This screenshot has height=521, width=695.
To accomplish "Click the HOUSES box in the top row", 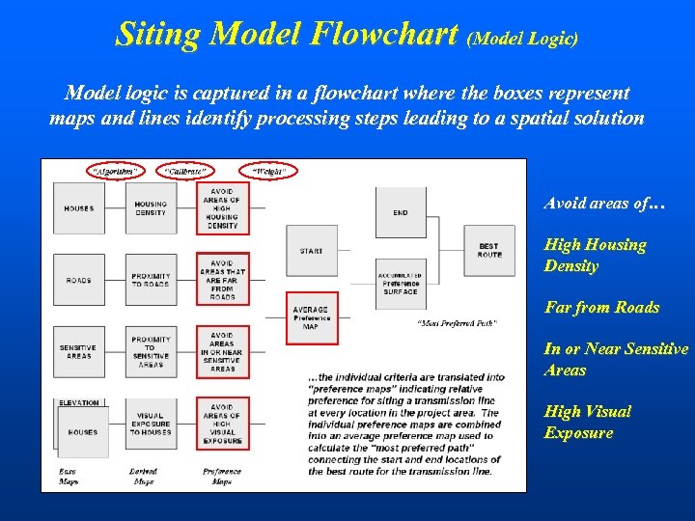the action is coord(79,208).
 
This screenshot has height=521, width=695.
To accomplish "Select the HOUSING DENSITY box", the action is coord(151,208).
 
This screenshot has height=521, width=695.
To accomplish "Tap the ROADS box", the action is coord(79,280).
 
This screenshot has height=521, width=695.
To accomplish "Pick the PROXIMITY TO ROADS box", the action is coord(151,280).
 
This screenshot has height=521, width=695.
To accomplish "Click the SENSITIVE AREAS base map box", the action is coord(79,351).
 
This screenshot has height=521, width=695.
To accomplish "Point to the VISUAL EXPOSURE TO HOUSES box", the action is coord(151,424).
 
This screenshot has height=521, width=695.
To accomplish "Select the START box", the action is coord(311,251).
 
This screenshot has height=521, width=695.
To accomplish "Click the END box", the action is coord(401,211).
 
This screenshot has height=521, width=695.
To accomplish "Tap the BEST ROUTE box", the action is coord(489,251).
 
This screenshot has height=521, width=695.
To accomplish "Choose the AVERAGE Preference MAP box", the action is coord(311,317).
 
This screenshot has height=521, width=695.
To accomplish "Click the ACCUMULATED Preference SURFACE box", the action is coord(401,284).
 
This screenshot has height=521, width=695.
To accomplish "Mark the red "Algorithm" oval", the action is coord(114,172).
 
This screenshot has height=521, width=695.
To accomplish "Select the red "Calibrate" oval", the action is coord(185,172).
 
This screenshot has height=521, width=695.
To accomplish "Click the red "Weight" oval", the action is coord(268,172).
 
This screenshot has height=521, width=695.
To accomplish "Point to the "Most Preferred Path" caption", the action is coord(457,322).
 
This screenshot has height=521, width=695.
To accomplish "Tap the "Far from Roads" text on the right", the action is coord(601,308).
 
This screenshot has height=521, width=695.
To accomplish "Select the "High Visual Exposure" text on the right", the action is coord(587,423).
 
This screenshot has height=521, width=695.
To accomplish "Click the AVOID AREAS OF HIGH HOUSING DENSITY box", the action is coord(222,208).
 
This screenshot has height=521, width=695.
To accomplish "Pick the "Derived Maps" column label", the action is coord(144,477).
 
